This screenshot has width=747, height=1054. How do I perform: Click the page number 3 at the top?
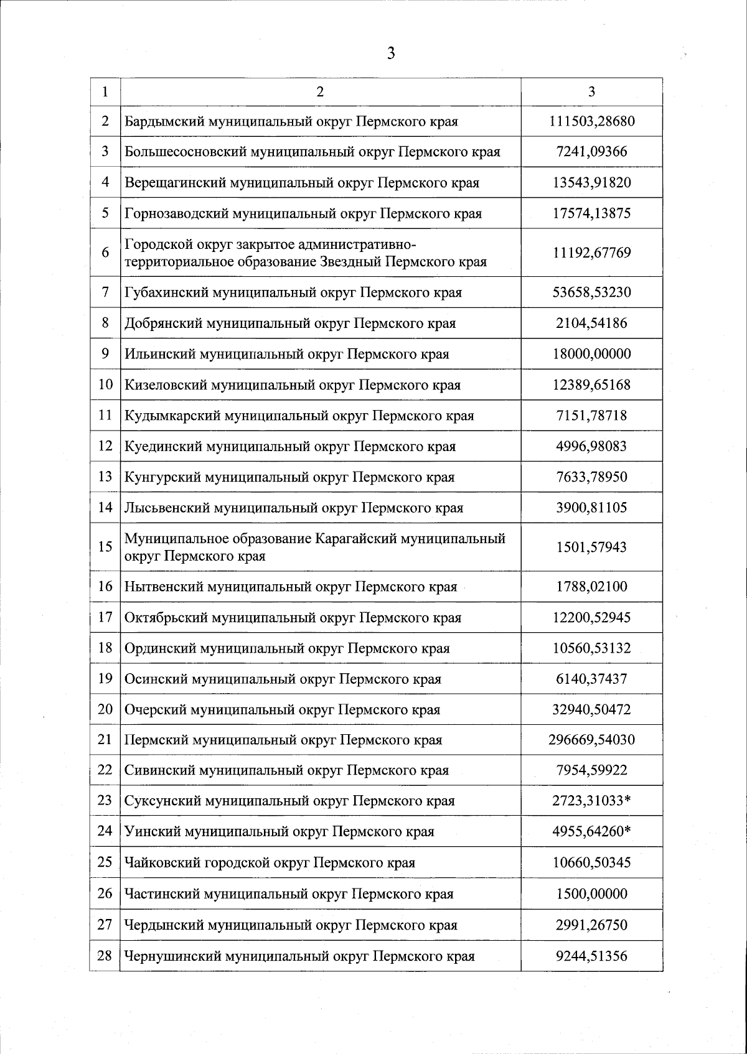391,54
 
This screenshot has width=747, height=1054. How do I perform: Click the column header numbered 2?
320,92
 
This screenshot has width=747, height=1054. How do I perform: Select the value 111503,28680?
591,121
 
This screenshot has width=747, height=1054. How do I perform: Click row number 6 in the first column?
105,253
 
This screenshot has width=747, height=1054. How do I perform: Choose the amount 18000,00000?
591,354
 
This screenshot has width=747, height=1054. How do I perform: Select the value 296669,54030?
591,740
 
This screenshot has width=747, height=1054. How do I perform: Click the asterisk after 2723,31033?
627,800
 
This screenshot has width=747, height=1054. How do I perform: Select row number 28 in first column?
105,955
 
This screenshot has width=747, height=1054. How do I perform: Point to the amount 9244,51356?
591,956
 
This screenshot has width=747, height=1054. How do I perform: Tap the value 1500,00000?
591,894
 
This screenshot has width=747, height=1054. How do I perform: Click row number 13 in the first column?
105,477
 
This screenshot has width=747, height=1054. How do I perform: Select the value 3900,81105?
591,508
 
